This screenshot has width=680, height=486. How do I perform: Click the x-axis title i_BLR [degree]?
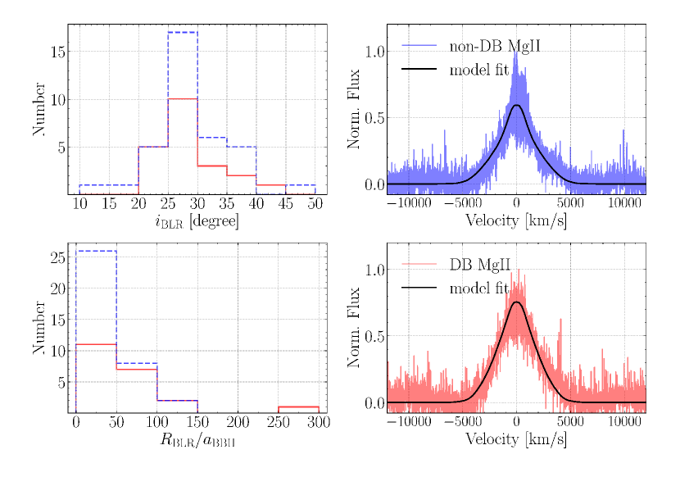point(197,221)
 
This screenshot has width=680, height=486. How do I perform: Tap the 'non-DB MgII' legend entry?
point(495,46)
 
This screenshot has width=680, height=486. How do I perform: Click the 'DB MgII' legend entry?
point(482,265)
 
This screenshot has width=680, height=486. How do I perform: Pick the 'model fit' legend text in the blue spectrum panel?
point(485,70)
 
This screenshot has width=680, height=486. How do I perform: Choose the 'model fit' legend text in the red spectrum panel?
point(485,288)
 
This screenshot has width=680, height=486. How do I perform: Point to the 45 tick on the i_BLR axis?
point(286,203)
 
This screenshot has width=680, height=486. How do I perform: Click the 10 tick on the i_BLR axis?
point(80,203)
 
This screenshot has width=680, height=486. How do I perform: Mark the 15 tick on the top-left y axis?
point(57,52)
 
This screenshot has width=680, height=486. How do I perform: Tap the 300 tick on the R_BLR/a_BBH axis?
point(319,422)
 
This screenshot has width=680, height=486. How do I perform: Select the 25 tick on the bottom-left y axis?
point(57,257)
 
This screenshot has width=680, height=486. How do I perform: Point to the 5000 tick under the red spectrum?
point(570,421)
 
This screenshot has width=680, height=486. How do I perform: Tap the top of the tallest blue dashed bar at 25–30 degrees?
point(183,33)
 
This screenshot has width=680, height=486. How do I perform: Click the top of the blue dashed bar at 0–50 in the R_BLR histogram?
point(96,251)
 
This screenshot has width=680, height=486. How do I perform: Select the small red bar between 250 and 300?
point(299,407)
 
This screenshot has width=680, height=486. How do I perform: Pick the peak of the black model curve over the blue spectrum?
point(516,105)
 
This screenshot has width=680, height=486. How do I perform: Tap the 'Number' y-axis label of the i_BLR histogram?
point(39,110)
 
